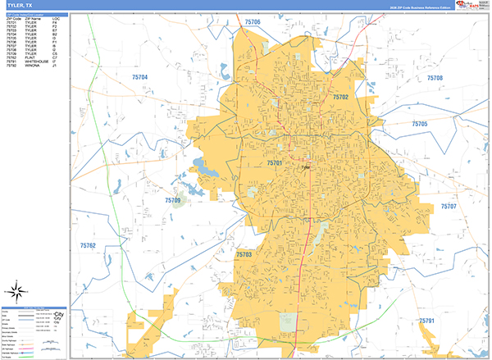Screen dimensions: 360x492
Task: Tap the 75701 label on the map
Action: pos(275,163)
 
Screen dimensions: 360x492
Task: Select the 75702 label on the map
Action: pos(341,97)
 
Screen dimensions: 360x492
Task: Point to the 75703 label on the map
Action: pos(244,255)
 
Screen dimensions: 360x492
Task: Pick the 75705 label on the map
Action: pos(420,124)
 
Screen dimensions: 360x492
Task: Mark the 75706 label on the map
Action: pos(253,22)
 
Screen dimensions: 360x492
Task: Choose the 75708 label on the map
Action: pos(435,78)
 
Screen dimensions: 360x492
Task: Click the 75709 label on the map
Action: pos(172,200)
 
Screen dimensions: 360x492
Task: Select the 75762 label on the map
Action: pos(88,245)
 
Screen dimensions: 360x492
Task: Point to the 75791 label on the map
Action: pos(426,320)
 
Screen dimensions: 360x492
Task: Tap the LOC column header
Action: pos(55,18)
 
